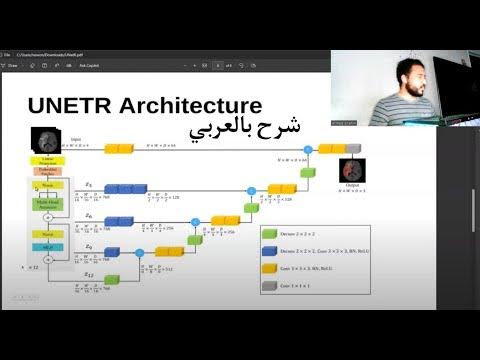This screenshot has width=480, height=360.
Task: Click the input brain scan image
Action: pyautogui.click(x=46, y=139)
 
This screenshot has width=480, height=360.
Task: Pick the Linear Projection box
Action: pyautogui.click(x=48, y=161)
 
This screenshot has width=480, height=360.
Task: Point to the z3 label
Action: pyautogui.click(x=88, y=184)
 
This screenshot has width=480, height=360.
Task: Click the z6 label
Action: pyautogui.click(x=88, y=215)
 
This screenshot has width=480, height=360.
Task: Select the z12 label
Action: pyautogui.click(x=88, y=274)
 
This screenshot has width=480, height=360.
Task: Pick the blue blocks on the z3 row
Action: pyautogui.click(x=120, y=187)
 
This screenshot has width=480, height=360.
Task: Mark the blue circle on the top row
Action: pyautogui.click(x=307, y=149)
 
